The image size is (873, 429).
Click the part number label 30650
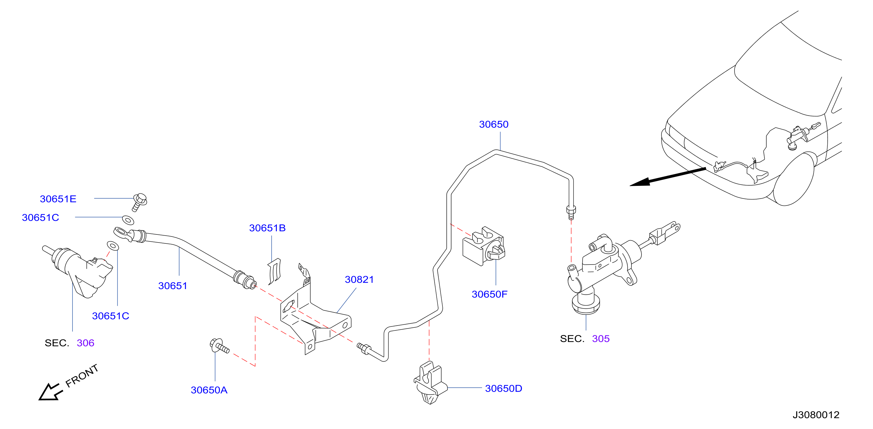(x=494, y=125)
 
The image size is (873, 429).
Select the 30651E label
(x=58, y=199)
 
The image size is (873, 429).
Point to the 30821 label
(x=359, y=280)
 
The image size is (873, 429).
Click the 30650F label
(x=489, y=294)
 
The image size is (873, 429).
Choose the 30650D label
(x=504, y=389)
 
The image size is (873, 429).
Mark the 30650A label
(x=209, y=390)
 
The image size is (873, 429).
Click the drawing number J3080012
(x=816, y=415)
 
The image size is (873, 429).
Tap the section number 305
(x=600, y=339)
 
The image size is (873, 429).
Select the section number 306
(x=86, y=343)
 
